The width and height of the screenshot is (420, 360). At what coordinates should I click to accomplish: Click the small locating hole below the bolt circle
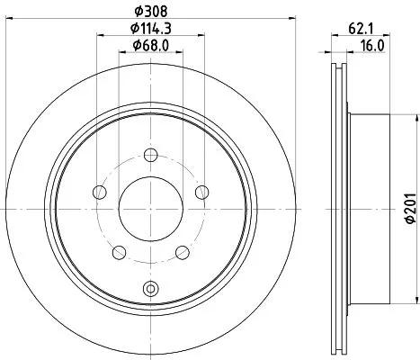[x=149, y=289]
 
